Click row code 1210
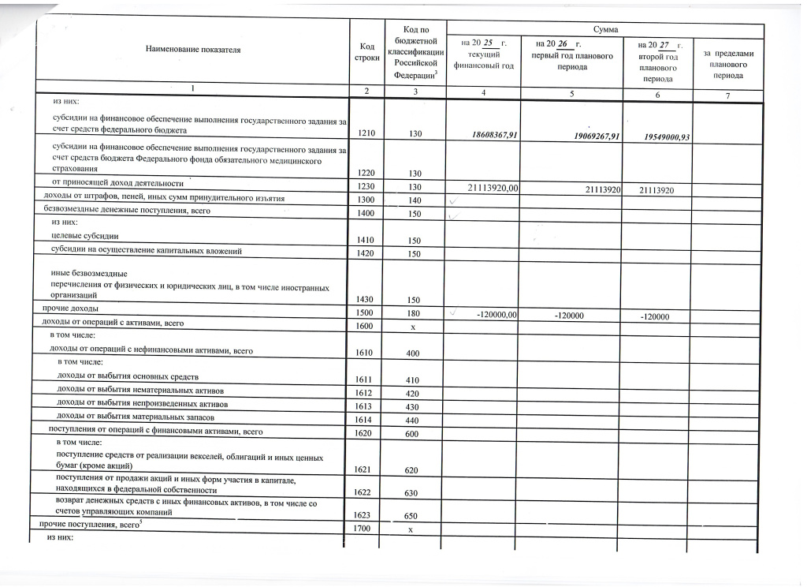coord(366,134)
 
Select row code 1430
coord(366,301)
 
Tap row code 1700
coord(363,527)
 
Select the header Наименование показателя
coord(193,50)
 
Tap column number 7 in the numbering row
coord(727,95)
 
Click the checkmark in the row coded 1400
coord(452,215)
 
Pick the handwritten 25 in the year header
coord(487,41)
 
